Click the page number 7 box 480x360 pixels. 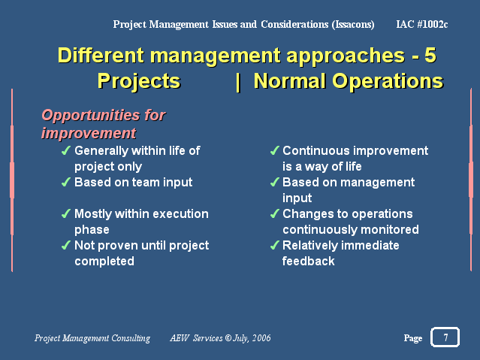click(445, 337)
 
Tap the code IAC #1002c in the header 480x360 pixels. click(422, 24)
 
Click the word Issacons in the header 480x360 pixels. click(353, 25)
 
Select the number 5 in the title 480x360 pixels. click(430, 55)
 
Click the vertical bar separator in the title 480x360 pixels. click(238, 82)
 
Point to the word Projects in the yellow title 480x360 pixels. click(139, 81)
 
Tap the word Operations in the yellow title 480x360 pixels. click(388, 81)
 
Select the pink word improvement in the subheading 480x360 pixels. click(89, 133)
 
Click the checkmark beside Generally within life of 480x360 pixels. click(66, 150)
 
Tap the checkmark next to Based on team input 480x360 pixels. click(66, 182)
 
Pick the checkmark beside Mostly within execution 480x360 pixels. click(66, 213)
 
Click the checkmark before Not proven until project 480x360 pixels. click(66, 245)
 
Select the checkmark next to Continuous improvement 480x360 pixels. click(275, 150)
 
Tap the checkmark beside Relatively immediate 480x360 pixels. click(275, 245)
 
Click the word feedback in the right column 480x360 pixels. click(308, 261)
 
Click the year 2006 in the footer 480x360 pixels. click(261, 338)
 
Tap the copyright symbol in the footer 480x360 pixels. click(228, 338)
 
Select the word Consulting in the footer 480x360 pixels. click(131, 338)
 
